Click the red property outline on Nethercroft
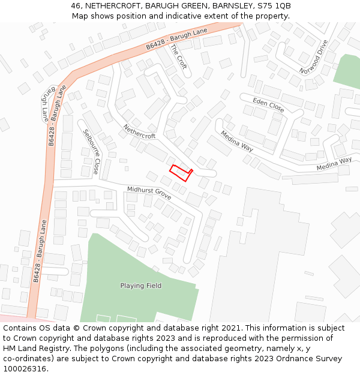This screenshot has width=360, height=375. pos(179,172)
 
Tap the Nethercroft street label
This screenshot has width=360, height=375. pos(139,131)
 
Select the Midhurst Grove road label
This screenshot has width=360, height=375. pos(149,193)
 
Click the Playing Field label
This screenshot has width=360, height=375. pos(140,286)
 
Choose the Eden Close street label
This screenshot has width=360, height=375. pos(268,105)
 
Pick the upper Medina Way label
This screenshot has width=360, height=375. pos(236,142)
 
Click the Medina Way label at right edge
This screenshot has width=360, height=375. pos(334,163)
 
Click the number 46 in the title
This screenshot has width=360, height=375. pos(76,6)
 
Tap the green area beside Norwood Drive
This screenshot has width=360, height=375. pos(347,72)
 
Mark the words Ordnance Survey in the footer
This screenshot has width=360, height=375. pos(312,358)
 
